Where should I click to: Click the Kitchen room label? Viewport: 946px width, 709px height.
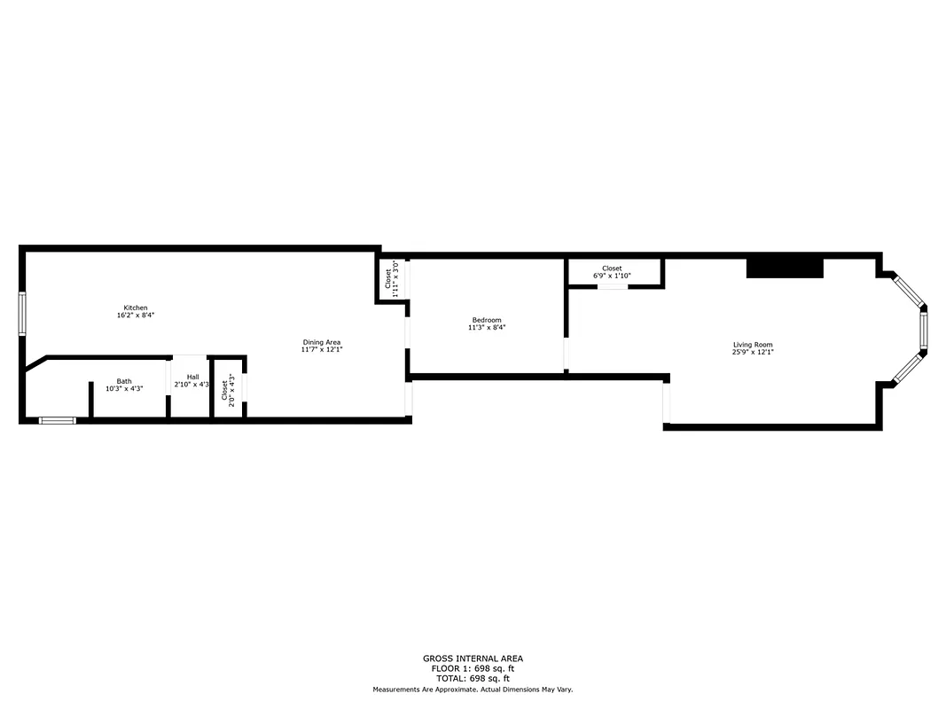(x=136, y=308)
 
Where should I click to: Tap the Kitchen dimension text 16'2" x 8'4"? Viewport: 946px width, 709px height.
(x=136, y=316)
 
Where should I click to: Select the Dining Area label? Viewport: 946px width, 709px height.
(x=322, y=342)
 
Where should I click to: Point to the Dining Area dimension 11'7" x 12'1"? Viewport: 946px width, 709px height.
(x=322, y=350)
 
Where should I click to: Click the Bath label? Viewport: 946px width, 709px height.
(x=124, y=381)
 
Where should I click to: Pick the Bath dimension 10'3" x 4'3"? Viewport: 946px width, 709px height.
(x=124, y=388)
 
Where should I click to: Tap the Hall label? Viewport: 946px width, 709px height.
(x=192, y=377)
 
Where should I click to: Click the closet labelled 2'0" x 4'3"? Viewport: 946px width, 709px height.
(x=229, y=388)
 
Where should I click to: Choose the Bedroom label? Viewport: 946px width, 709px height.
(x=487, y=320)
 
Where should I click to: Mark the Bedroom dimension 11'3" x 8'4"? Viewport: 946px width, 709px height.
(x=487, y=328)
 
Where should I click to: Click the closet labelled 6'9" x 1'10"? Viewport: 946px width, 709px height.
(x=612, y=272)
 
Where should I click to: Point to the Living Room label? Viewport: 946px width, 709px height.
(x=753, y=345)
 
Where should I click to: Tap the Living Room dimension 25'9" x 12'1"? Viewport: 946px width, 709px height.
(x=753, y=353)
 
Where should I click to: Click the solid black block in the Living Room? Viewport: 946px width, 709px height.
(x=786, y=268)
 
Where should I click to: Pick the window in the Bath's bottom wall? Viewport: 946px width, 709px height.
(x=58, y=420)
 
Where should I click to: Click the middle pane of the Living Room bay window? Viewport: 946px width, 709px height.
(x=923, y=329)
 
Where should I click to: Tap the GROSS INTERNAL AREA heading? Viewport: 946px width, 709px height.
(x=473, y=658)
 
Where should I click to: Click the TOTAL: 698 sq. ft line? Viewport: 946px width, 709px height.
(x=473, y=678)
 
